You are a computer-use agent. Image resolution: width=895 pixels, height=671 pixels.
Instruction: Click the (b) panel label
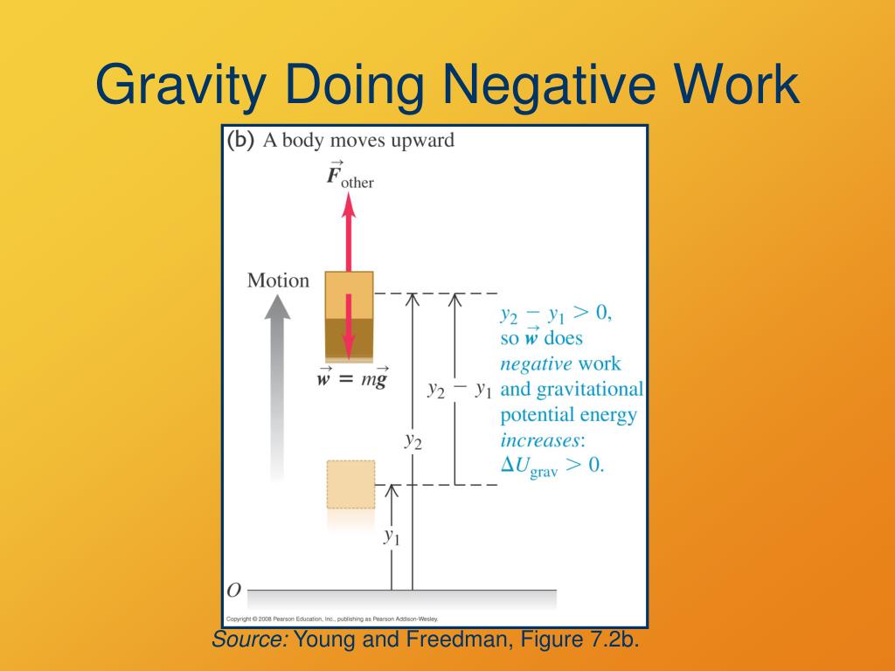240,141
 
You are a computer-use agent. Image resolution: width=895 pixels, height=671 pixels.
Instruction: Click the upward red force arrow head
349,205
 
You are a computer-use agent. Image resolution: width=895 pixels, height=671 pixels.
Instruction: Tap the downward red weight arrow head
349,350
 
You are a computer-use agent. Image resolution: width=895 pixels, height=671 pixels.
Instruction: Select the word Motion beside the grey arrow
278,280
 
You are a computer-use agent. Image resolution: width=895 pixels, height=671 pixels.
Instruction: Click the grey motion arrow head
278,308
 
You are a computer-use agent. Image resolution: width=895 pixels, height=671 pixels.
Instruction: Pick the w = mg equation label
352,381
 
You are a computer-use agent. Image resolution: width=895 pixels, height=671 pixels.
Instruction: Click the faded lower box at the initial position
350,484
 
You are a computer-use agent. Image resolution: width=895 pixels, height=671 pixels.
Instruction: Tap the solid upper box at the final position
349,315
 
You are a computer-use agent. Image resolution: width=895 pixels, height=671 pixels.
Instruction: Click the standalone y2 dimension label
413,439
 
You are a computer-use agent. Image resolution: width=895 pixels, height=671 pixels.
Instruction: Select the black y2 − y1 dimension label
459,389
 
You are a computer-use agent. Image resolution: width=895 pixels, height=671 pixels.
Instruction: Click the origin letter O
233,591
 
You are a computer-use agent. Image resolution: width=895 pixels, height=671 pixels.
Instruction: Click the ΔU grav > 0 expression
552,466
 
